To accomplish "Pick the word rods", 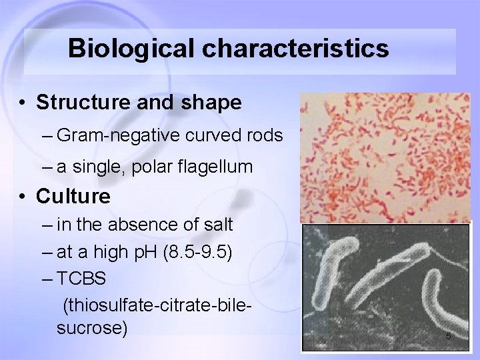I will (266, 136).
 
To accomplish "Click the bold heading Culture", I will (73, 197).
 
